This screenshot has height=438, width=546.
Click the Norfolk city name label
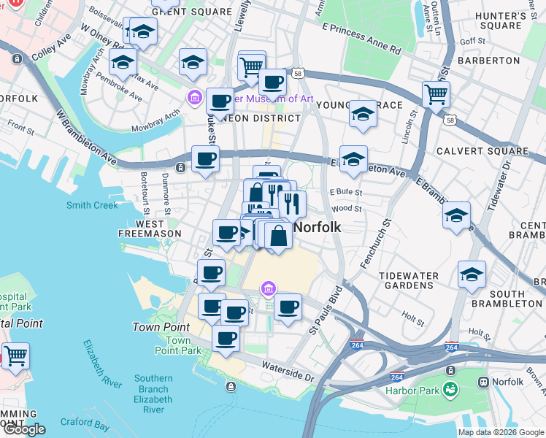[317, 227]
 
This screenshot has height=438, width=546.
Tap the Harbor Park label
[413, 390]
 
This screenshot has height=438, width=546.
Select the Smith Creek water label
[92, 205]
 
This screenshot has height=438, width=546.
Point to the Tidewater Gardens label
[409, 281]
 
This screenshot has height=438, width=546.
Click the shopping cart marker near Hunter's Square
[435, 93]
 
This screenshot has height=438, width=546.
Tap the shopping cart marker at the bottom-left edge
[15, 356]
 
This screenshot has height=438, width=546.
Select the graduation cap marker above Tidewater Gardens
[456, 215]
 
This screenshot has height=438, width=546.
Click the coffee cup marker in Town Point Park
[226, 338]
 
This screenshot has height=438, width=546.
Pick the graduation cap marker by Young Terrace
[363, 114]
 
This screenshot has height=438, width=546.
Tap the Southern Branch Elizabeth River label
[153, 394]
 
